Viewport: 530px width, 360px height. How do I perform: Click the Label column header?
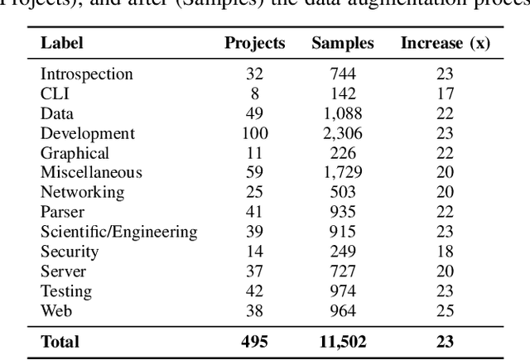pos(62,43)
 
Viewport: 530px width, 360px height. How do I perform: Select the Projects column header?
pos(256,43)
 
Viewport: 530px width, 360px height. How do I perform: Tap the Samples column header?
pos(343,43)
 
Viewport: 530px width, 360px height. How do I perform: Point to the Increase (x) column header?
pos(446,43)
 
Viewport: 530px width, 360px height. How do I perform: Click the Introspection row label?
pos(87,74)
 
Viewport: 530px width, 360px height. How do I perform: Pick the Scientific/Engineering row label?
pos(119,233)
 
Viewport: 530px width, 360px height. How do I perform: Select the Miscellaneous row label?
pos(91,173)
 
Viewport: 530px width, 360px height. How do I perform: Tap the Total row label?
pos(60,342)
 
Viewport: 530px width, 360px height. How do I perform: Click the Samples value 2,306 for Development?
pos(343,133)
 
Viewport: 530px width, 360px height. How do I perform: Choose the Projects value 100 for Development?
pos(256,133)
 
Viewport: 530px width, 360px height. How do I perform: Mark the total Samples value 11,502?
pos(343,342)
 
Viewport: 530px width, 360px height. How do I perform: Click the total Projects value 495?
pos(256,342)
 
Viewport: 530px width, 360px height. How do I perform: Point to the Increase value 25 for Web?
pos(446,312)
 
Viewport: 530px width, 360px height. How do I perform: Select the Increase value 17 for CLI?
pos(446,94)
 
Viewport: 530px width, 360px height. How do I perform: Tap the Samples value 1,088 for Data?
pos(343,113)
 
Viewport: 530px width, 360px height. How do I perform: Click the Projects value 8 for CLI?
pos(256,94)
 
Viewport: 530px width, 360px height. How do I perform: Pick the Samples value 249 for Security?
pos(343,252)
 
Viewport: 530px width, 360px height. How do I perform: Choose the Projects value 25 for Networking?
pos(256,193)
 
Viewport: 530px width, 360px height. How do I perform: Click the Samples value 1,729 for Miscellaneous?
pos(343,173)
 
